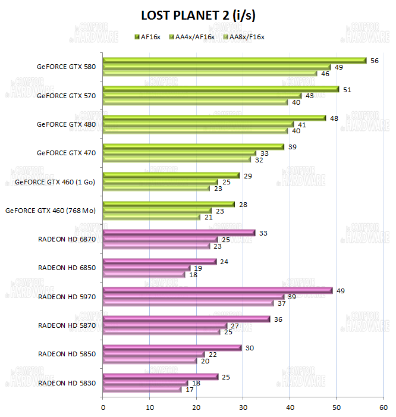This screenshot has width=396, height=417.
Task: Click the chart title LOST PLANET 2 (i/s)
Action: [x=197, y=14]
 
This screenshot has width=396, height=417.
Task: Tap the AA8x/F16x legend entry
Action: [x=243, y=37]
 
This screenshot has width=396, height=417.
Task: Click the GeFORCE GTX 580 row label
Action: [x=65, y=67]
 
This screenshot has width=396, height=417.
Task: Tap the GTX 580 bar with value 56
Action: [x=234, y=60]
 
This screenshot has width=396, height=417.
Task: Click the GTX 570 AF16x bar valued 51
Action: [x=221, y=89]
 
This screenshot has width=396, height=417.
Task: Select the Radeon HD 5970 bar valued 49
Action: [x=218, y=290]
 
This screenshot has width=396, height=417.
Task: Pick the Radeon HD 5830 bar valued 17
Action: [x=142, y=390]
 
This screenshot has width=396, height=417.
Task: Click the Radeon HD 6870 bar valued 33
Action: [x=179, y=233]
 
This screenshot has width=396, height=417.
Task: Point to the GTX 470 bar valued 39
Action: [x=193, y=147]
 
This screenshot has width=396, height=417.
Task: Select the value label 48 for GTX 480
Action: [x=335, y=118]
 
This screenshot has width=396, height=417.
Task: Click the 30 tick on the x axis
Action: [x=243, y=407]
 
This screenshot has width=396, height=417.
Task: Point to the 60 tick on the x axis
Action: [x=383, y=407]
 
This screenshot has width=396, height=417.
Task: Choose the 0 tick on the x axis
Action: [x=103, y=407]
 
